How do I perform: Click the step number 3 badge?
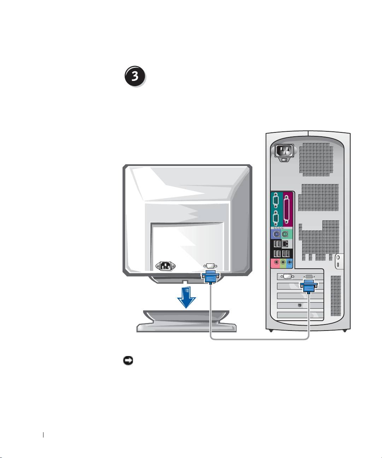tap(135, 76)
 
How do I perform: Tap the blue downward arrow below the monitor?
tap(186, 297)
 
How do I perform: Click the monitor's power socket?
tap(165, 266)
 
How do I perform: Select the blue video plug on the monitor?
tap(211, 277)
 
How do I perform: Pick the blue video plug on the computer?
tap(308, 286)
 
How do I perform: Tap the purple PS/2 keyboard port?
tap(276, 234)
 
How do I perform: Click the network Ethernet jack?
tap(285, 244)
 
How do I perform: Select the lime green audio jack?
tap(283, 262)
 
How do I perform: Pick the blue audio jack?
tap(289, 262)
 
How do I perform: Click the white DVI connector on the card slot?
tap(287, 276)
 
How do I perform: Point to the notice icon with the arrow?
tap(128, 361)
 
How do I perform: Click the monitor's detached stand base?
tap(186, 321)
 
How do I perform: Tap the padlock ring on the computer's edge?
tap(338, 258)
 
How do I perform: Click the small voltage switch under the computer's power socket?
tap(284, 160)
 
